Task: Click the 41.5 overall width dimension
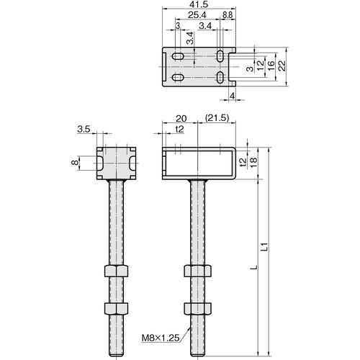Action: [x=198, y=4]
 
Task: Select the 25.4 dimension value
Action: [x=197, y=15]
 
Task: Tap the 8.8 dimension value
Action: [x=228, y=15]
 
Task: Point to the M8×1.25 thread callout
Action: [x=161, y=338]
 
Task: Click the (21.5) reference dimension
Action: [x=217, y=118]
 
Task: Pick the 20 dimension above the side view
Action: [x=181, y=118]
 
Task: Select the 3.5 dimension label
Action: [x=84, y=129]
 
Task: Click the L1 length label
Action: [x=264, y=247]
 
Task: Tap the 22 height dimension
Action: [x=283, y=66]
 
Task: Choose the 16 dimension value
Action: [x=271, y=66]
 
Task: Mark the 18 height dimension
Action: [x=253, y=162]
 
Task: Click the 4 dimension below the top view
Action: [x=232, y=96]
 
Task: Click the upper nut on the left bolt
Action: [x=116, y=271]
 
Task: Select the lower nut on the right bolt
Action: [x=198, y=309]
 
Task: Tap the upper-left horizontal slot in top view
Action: [x=178, y=56]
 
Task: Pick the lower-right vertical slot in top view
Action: [x=220, y=77]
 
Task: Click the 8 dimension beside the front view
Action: [x=75, y=163]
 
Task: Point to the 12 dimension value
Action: [x=260, y=66]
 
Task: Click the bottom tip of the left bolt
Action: [x=116, y=356]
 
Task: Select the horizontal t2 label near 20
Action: [x=179, y=129]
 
